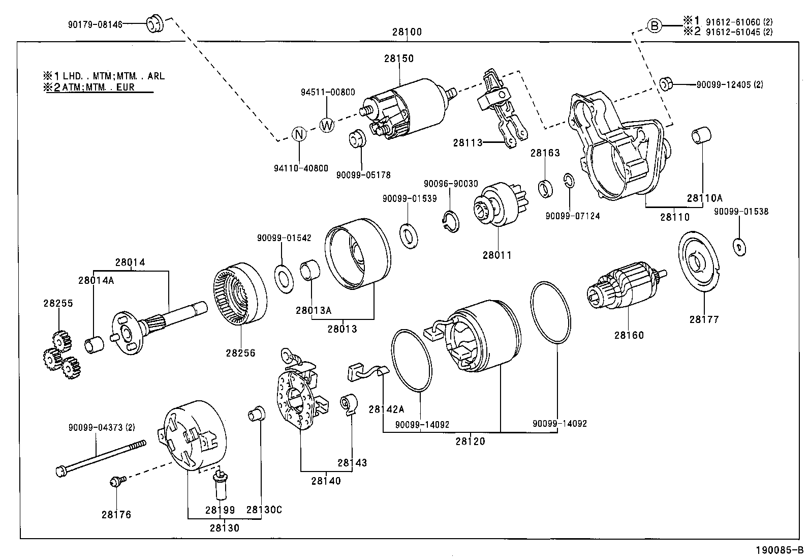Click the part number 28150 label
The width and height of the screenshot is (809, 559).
[398, 58]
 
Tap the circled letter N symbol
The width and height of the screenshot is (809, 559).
[299, 134]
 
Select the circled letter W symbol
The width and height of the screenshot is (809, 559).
[327, 125]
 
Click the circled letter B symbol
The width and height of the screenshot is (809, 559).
[655, 25]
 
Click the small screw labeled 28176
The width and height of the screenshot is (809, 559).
[115, 481]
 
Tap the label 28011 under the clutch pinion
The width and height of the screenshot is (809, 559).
[496, 255]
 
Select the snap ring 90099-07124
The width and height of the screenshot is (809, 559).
[569, 181]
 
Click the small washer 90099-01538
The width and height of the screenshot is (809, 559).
[739, 247]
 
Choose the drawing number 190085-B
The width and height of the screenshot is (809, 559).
[778, 550]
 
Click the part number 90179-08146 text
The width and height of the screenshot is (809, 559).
[95, 24]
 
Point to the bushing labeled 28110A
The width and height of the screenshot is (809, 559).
[701, 136]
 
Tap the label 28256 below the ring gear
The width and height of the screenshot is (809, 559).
[240, 352]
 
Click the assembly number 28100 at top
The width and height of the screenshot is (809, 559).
[407, 32]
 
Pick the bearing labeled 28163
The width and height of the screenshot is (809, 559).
[546, 188]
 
